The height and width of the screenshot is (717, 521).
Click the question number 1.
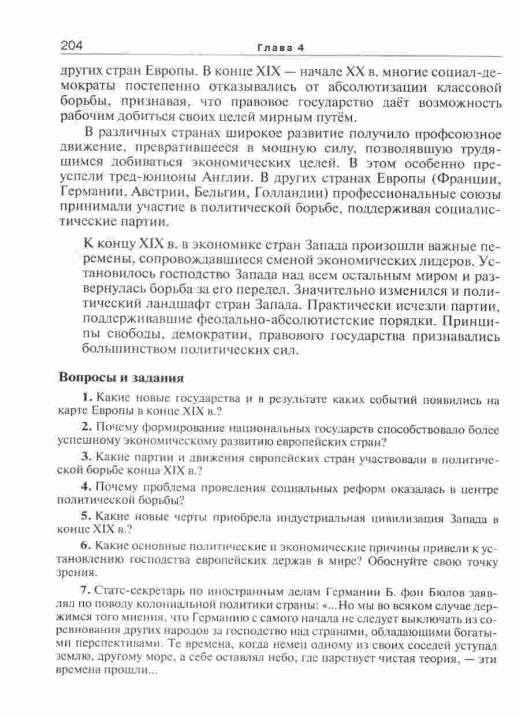pos(87,398)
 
